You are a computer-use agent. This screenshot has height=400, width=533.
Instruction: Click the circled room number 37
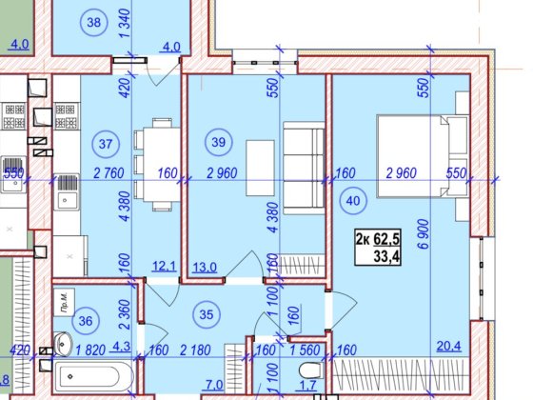[x=106, y=144]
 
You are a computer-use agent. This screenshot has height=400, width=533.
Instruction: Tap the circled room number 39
[x=219, y=142]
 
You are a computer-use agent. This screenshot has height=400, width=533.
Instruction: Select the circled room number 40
[x=353, y=200]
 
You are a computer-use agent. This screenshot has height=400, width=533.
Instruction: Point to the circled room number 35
[x=207, y=314]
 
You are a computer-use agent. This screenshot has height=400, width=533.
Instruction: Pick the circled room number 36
[x=86, y=320]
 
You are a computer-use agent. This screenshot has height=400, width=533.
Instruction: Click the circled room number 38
[x=94, y=23]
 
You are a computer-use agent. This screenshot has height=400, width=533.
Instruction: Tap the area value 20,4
[x=448, y=347]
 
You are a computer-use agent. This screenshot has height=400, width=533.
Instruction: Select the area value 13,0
[x=205, y=267]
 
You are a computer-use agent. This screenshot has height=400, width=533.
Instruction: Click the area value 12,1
[x=164, y=266]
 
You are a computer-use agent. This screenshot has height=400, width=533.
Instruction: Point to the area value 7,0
[x=215, y=385]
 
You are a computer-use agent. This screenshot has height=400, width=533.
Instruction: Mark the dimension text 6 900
[x=424, y=234]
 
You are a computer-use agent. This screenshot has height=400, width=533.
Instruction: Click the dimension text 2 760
[x=109, y=173]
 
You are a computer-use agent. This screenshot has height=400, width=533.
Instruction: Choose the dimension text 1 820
[x=90, y=350]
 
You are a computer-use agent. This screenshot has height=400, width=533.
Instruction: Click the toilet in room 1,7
[x=311, y=370]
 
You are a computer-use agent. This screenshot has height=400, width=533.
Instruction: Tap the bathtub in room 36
[x=94, y=376]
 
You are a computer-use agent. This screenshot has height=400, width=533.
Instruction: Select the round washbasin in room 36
[x=63, y=344]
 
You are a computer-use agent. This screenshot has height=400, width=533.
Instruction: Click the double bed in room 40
[x=423, y=156]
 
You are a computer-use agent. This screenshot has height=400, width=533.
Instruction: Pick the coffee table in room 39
[x=260, y=168]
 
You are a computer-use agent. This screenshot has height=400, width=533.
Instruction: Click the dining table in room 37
[x=157, y=165]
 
